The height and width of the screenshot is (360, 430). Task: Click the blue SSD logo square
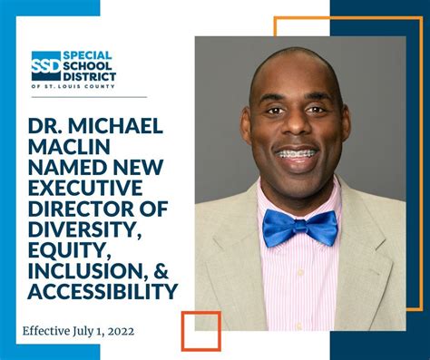pos(45,65)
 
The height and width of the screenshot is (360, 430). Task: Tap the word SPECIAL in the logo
pos(88,54)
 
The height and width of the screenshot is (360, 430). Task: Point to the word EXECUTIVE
pos(81,188)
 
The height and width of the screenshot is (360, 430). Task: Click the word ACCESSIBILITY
pos(102,292)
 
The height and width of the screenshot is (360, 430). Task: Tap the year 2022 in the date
pos(117,331)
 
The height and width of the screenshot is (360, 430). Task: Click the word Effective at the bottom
pos(47,331)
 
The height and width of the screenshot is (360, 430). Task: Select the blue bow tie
pos(299,227)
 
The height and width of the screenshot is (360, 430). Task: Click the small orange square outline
pos(200,331)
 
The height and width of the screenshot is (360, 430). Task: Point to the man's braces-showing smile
pos(298,155)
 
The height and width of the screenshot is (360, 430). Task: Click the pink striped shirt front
pos(300,281)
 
